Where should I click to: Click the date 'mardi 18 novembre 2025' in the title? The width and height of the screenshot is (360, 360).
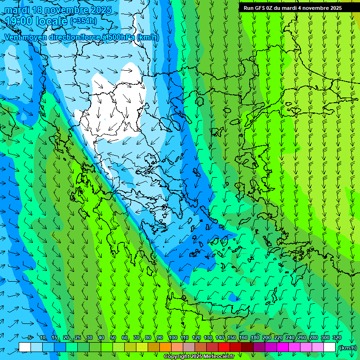coord(58,10)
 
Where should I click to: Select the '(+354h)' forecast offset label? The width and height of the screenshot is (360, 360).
coord(83,21)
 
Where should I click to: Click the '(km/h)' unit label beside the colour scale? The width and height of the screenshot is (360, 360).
coord(347,347)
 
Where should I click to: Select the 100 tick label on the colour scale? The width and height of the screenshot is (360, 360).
coord(172,337)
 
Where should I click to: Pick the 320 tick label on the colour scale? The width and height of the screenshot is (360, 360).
coord(337,337)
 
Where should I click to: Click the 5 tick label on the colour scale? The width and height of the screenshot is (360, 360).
coord(30,337)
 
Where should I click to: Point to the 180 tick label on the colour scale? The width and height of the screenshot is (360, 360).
coord(255,337)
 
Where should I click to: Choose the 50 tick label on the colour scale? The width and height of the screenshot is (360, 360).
coord(113,337)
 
